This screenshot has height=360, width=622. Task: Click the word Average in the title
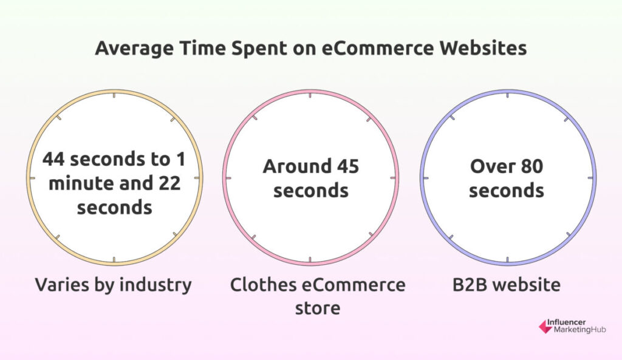(134, 49)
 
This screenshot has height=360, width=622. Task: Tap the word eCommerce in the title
(378, 48)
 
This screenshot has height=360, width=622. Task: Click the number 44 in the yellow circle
(53, 159)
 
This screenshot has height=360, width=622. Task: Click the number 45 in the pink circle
(348, 166)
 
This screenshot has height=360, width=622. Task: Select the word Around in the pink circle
(297, 166)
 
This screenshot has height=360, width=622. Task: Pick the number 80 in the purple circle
(531, 166)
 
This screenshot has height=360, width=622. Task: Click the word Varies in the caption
(57, 285)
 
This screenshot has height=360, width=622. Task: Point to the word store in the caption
(318, 308)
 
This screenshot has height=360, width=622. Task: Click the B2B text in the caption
(470, 285)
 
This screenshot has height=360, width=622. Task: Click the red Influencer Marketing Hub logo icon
(545, 327)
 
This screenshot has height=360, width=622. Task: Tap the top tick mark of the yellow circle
(114, 95)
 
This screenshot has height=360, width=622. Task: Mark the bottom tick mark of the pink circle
(310, 260)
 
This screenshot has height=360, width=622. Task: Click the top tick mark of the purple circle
(508, 95)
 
